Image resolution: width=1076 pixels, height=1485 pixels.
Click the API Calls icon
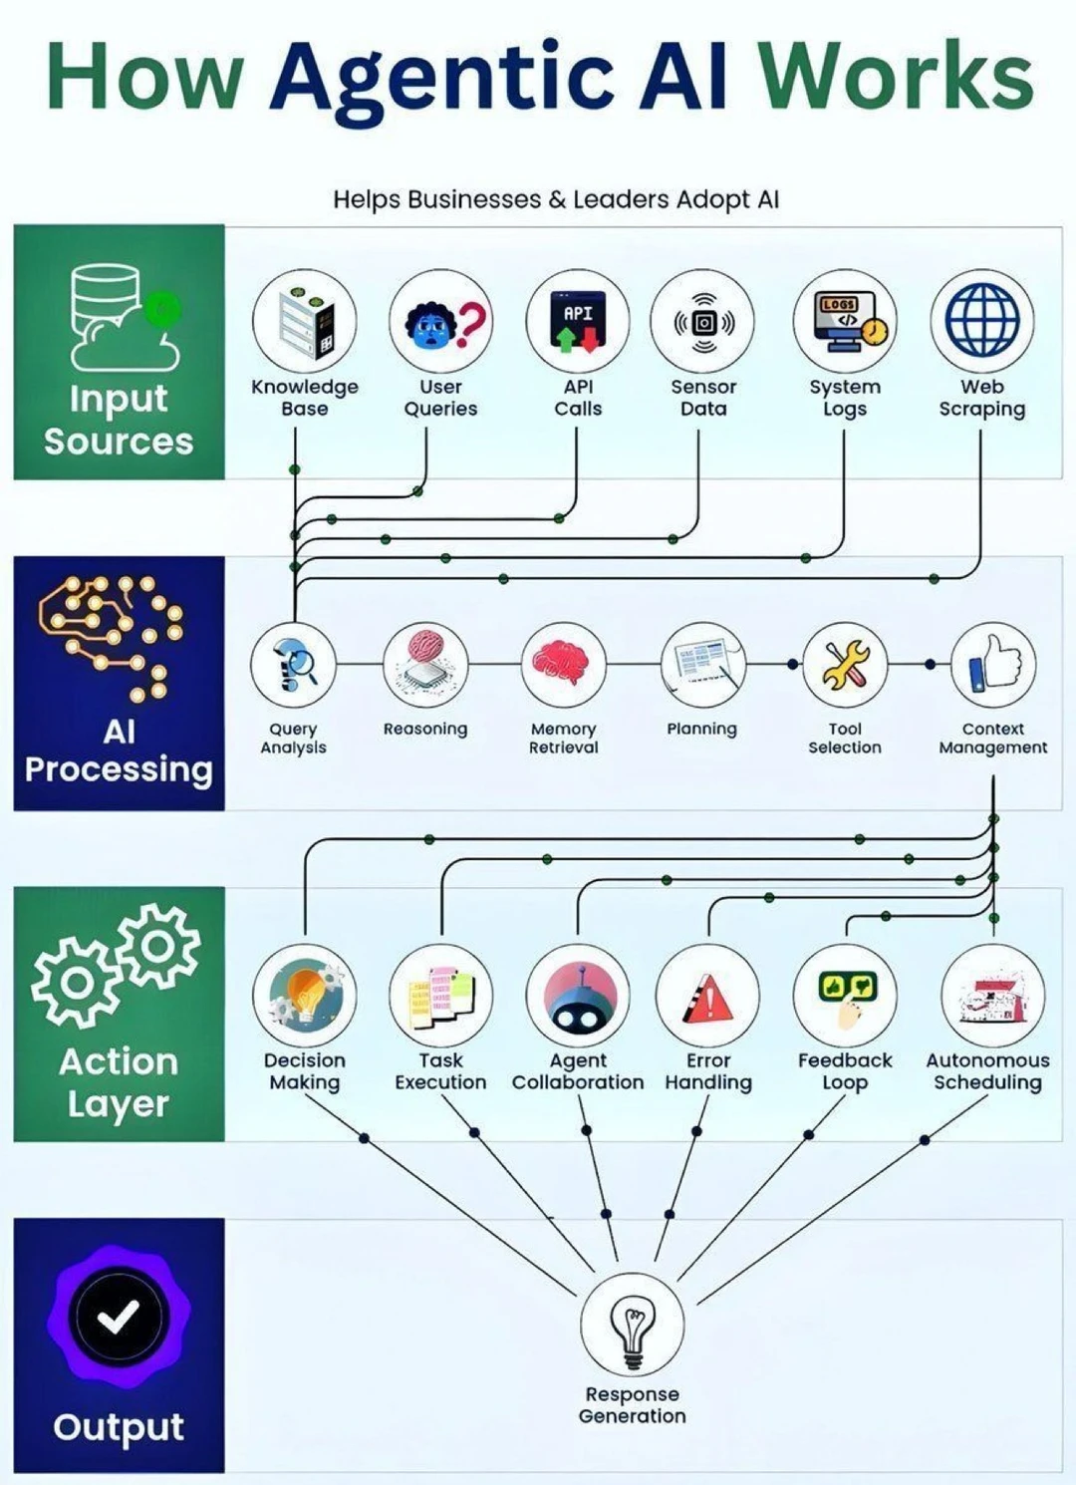pos(578,322)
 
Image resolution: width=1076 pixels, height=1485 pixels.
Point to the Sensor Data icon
pos(703,323)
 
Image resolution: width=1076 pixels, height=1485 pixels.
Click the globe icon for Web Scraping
pos(982,321)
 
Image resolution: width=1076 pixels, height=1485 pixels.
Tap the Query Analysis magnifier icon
pos(293,665)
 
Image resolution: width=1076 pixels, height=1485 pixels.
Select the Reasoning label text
pos(425,730)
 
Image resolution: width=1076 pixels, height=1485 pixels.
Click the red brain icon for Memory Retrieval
pos(563,663)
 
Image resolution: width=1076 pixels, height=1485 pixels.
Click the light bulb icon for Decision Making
pos(305,996)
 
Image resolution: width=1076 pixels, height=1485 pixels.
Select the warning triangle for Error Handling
pos(707,997)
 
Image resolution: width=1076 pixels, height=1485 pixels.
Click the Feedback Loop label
pos(846,1071)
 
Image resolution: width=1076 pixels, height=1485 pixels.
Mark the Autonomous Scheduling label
pos(987,1071)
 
